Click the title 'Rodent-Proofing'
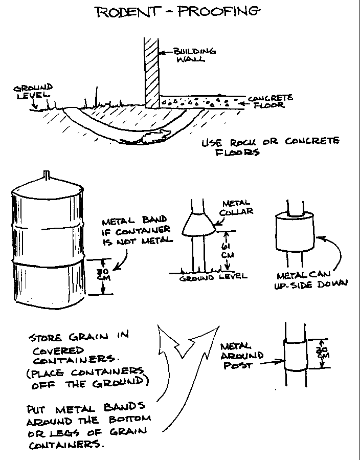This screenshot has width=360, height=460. (x=177, y=11)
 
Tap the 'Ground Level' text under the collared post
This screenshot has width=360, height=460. (x=213, y=277)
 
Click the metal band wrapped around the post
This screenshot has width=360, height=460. (x=295, y=356)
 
